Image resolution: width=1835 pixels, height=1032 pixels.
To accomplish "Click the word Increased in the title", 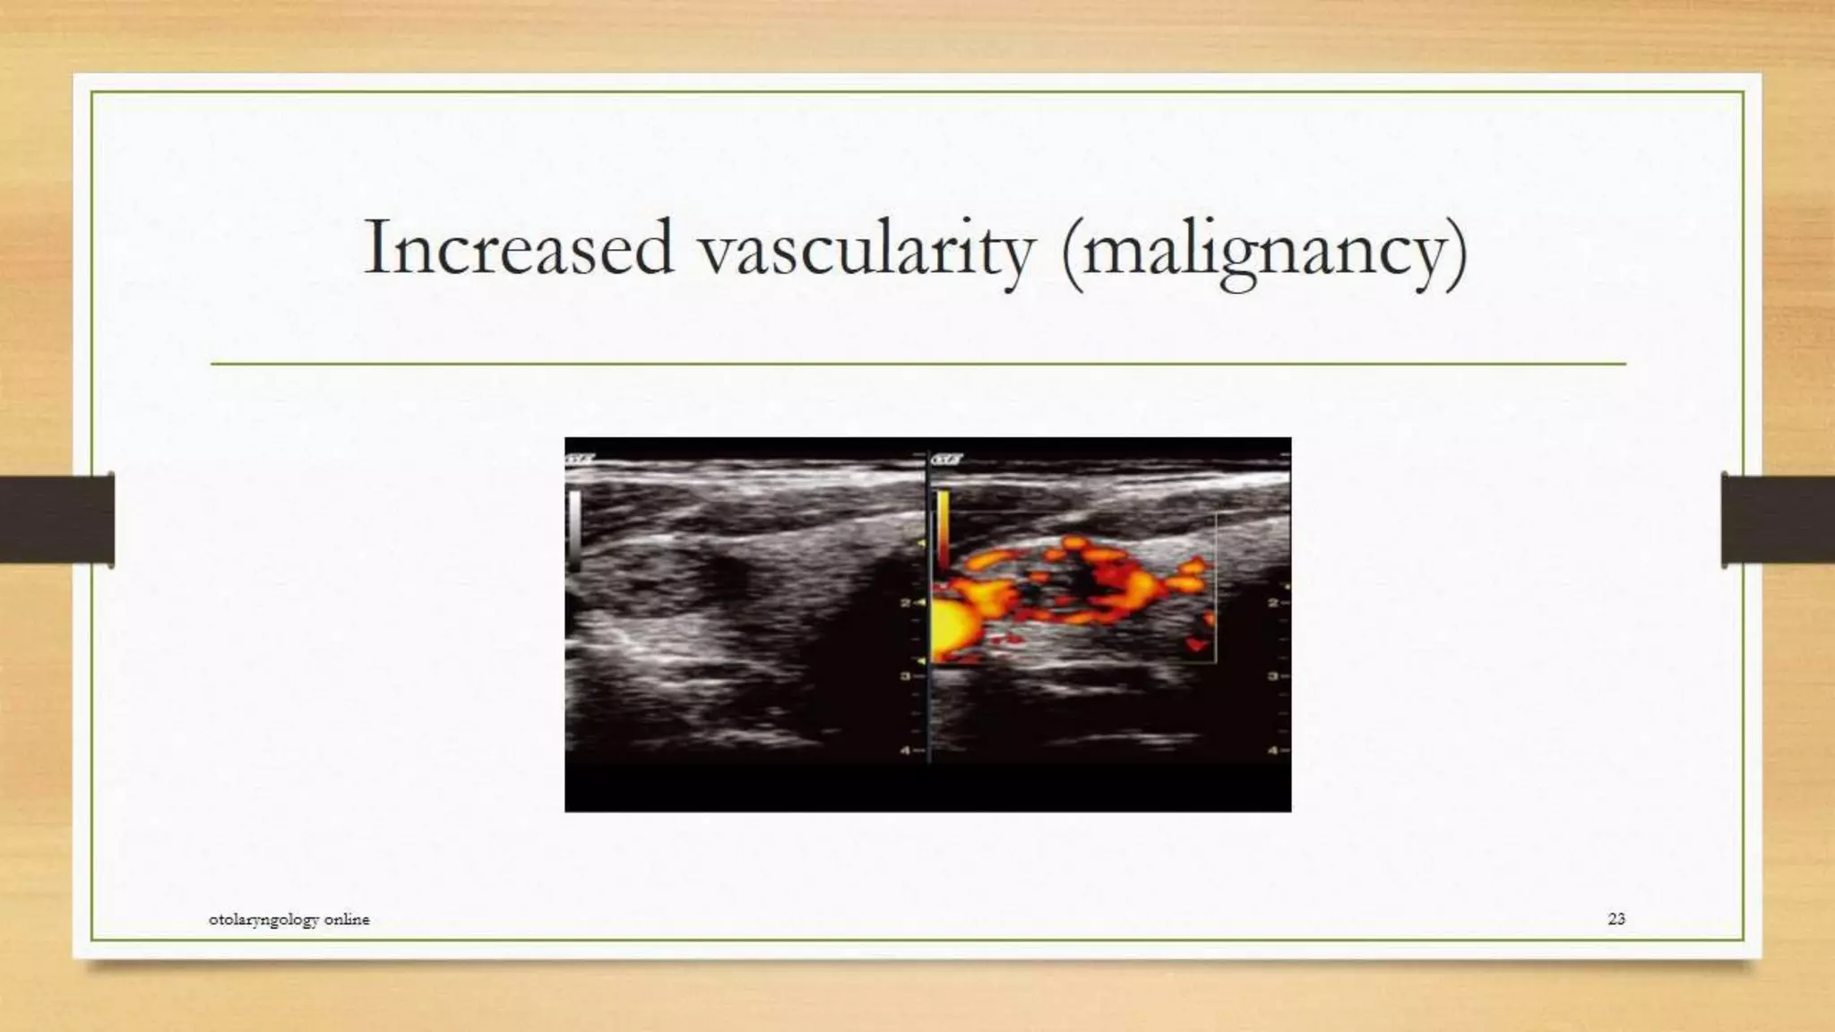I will pyautogui.click(x=518, y=248).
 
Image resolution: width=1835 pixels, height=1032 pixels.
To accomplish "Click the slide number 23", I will pyautogui.click(x=1616, y=918).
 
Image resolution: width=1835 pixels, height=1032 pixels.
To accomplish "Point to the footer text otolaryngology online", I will pyautogui.click(x=289, y=919).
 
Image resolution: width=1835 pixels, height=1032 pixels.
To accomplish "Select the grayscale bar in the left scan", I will pyautogui.click(x=574, y=529).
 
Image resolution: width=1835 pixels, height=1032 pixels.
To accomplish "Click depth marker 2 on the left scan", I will pyautogui.click(x=906, y=603).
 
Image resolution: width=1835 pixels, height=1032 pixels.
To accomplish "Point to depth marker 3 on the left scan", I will pyautogui.click(x=906, y=676).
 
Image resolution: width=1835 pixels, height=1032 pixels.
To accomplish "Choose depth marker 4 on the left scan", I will pyautogui.click(x=906, y=750).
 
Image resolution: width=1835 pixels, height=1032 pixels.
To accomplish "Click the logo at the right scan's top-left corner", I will pyautogui.click(x=946, y=460).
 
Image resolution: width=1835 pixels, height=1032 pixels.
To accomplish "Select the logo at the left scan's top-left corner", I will pyautogui.click(x=580, y=460).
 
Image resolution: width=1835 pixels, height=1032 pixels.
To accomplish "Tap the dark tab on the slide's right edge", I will pyautogui.click(x=1778, y=520).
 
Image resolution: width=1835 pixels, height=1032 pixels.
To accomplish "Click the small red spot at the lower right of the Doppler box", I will pyautogui.click(x=1195, y=644).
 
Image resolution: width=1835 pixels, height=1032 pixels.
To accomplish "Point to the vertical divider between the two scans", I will pyautogui.click(x=927, y=609).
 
